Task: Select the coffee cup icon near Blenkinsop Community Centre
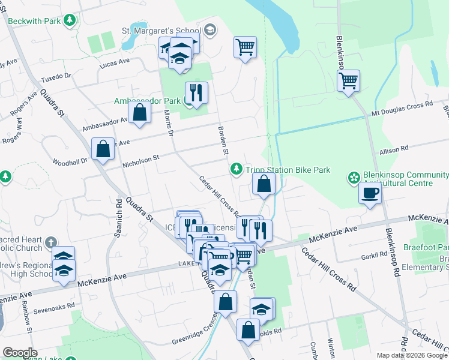[369, 194]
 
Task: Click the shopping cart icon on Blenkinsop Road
[348, 80]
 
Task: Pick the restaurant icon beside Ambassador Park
[196, 92]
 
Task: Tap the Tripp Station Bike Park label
[288, 170]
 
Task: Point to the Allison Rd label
[393, 148]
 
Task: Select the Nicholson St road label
[139, 160]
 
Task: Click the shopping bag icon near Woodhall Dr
[103, 148]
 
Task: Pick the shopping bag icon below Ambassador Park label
[139, 112]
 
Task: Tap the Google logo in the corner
[20, 352]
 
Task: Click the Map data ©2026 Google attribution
[411, 355]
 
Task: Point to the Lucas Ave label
[115, 62]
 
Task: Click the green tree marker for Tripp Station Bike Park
[237, 170]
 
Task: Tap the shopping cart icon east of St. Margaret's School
[245, 47]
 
